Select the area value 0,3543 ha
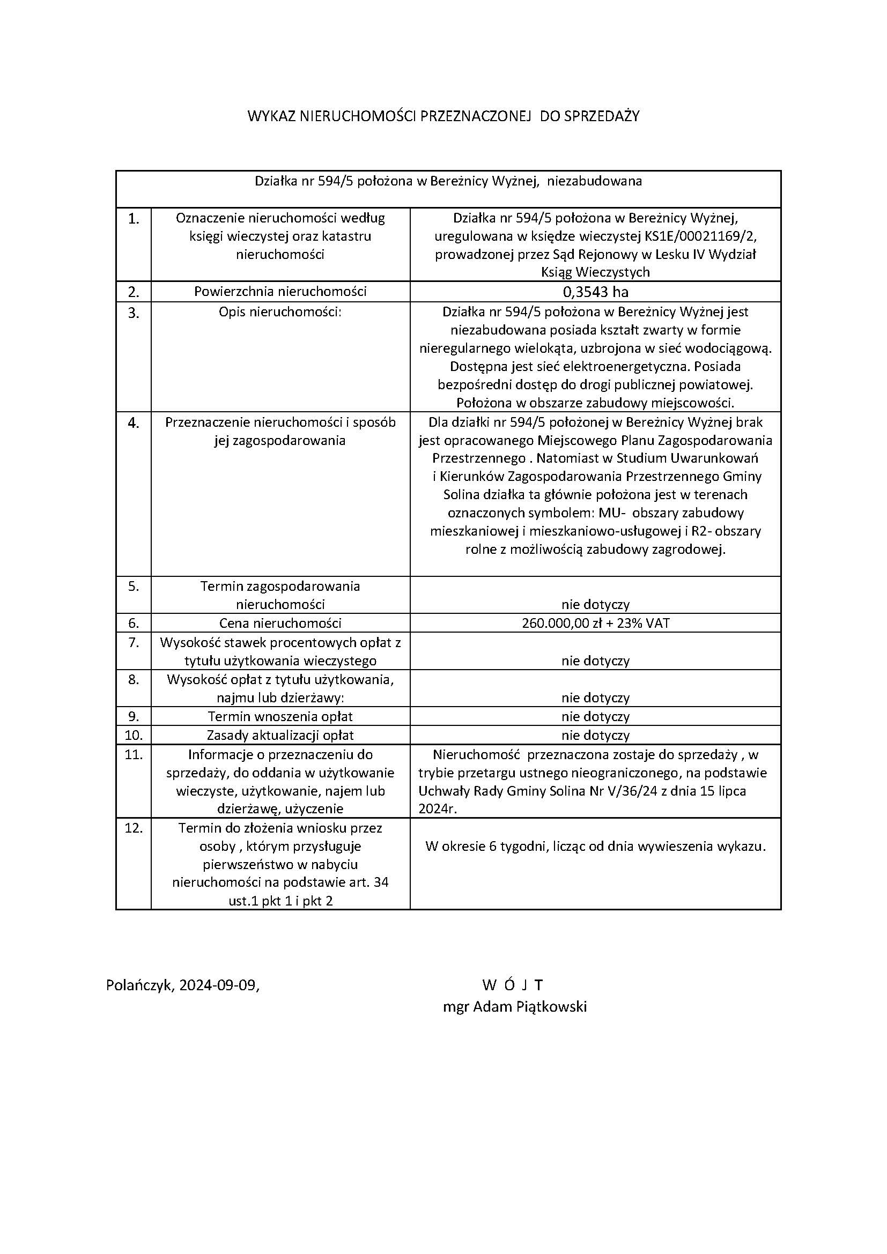(x=595, y=292)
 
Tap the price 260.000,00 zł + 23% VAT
(x=595, y=623)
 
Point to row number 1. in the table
(x=134, y=219)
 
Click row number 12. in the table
(x=134, y=828)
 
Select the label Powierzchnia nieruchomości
(x=280, y=292)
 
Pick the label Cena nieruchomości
(x=280, y=623)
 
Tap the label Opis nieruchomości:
(x=280, y=313)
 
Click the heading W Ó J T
(x=513, y=985)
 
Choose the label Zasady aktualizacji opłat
(x=280, y=735)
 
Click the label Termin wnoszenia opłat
(x=280, y=717)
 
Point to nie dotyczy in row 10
(x=595, y=736)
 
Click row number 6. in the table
(x=134, y=623)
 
